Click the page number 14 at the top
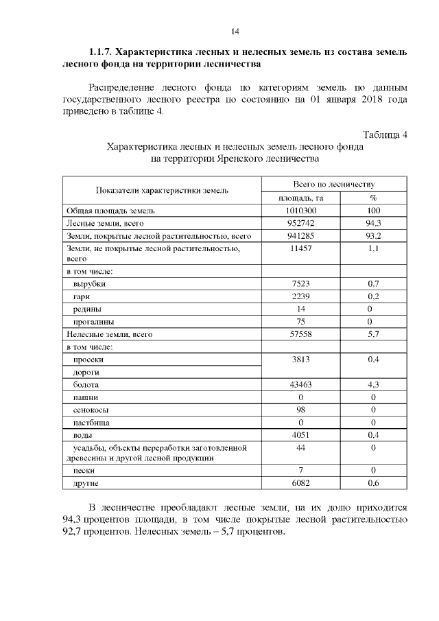pos(235,31)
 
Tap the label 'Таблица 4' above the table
pos(385,134)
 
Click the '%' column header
pos(373,198)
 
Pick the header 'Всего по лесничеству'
pos(333,185)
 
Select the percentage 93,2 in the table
pos(373,236)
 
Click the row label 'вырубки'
pos(85,283)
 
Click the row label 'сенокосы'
pos(88,410)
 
